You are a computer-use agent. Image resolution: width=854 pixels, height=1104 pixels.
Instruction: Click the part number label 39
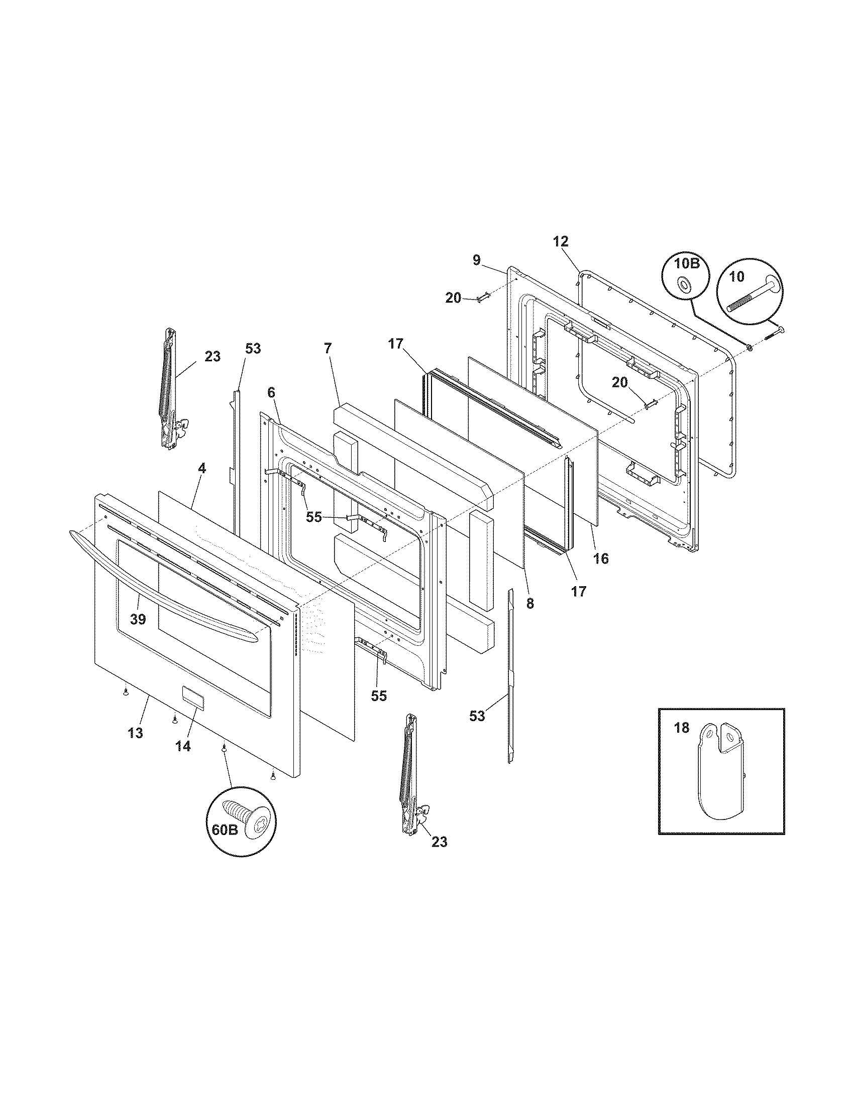click(x=138, y=619)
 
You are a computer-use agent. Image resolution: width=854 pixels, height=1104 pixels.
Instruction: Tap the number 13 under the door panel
click(x=135, y=733)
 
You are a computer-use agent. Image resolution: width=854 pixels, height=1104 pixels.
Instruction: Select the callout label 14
click(x=183, y=746)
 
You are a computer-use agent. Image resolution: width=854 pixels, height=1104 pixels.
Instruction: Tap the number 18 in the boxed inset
click(x=682, y=729)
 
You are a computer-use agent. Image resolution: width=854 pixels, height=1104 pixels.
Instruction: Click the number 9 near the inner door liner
click(x=476, y=260)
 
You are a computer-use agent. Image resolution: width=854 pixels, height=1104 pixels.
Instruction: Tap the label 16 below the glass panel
click(x=601, y=558)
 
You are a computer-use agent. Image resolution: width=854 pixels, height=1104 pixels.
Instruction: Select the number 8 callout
click(x=529, y=603)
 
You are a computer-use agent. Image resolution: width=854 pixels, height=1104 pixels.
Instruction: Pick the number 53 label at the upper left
click(x=253, y=348)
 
